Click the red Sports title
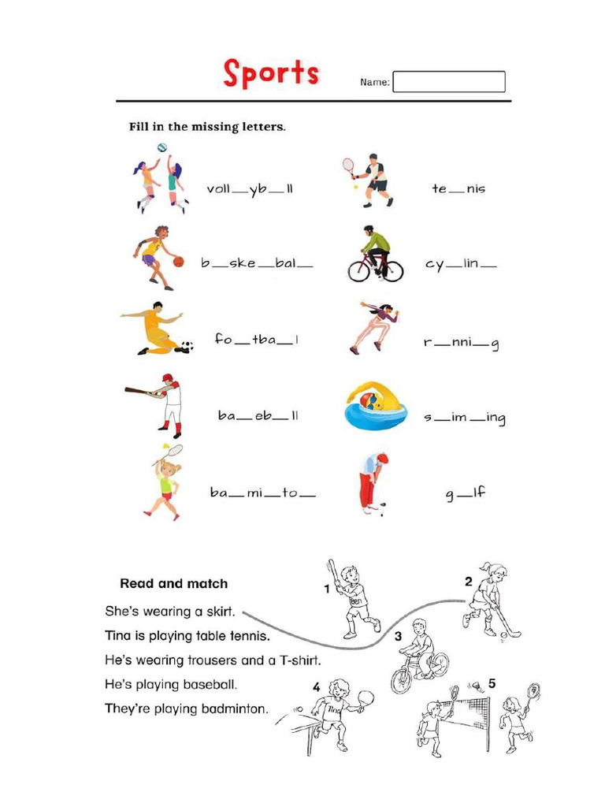pos(271,73)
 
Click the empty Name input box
pos(448,82)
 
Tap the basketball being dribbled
pos(178,261)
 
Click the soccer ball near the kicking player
pos(187,346)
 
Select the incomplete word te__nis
pos(458,189)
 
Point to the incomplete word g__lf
pos(465,493)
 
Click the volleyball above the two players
pos(162,148)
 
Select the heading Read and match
pos(173,584)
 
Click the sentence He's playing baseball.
pos(171,684)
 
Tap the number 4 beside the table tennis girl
pos(316,687)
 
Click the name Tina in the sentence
pos(118,634)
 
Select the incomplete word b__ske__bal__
pos(257,265)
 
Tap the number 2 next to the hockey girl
pos(468,582)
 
